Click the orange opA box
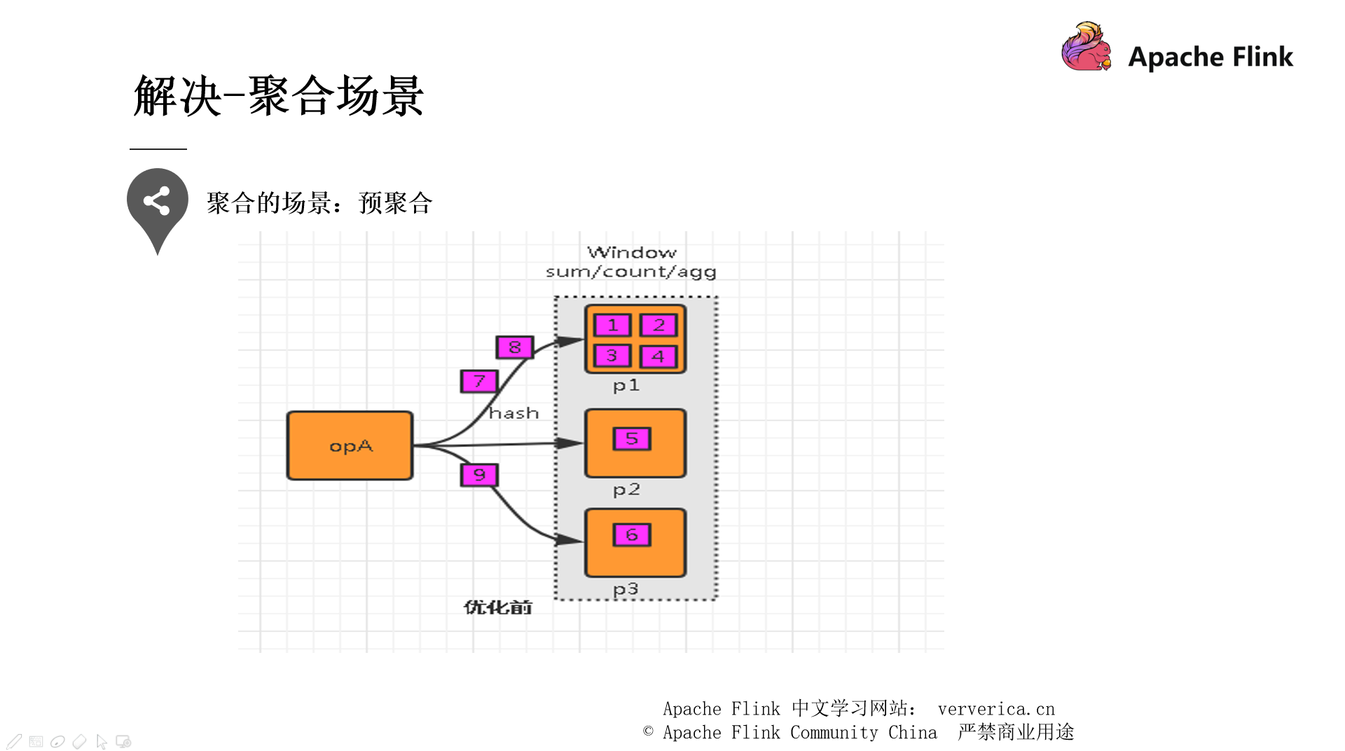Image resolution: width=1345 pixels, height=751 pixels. click(x=350, y=446)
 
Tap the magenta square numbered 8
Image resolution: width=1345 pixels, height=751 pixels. click(x=515, y=347)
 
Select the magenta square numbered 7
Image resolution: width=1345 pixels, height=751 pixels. click(x=479, y=381)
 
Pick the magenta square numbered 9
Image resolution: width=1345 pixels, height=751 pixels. click(x=479, y=475)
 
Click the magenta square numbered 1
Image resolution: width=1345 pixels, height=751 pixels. click(x=612, y=325)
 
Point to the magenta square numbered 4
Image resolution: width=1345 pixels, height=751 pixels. click(x=658, y=357)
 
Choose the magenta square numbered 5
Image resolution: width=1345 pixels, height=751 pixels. click(x=632, y=439)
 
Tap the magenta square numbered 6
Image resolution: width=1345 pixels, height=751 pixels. click(x=632, y=535)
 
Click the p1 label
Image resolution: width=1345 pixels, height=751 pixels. click(x=626, y=385)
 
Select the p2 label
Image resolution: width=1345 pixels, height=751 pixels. click(x=626, y=489)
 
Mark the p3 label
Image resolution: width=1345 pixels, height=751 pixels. click(x=626, y=589)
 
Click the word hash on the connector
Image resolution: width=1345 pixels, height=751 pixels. click(x=513, y=413)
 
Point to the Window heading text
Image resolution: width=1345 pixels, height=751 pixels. click(x=631, y=252)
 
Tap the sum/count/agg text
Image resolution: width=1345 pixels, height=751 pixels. click(x=630, y=272)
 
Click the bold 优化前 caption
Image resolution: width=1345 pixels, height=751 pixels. click(x=497, y=607)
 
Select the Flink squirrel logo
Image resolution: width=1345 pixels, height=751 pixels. click(x=1086, y=47)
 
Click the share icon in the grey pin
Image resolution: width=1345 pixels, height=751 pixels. click(x=157, y=201)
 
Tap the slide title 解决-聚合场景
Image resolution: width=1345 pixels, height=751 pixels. click(x=278, y=96)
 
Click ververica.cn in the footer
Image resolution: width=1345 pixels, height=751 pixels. click(x=996, y=709)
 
